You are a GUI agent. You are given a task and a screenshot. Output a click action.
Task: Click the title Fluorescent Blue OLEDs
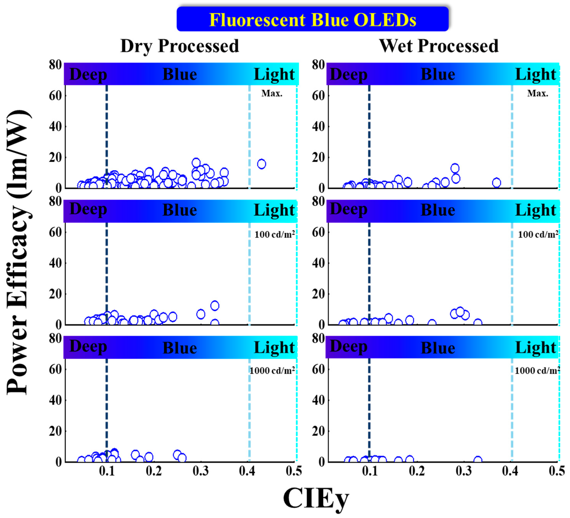(x=313, y=20)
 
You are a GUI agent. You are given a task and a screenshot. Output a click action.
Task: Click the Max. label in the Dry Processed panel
(x=272, y=93)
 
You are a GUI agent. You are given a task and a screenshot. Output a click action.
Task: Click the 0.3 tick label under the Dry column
(x=201, y=471)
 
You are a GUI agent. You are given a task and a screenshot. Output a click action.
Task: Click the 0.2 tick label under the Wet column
(x=417, y=471)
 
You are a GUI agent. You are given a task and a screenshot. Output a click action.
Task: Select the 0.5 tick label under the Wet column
(x=557, y=471)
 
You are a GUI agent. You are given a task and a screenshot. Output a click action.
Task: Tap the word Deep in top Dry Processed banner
(x=88, y=75)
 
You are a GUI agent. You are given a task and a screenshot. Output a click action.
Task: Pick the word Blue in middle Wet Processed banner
(x=438, y=210)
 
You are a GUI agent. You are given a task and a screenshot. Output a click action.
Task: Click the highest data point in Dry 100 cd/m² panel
(x=215, y=306)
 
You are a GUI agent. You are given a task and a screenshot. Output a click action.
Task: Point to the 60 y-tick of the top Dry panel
(x=55, y=96)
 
